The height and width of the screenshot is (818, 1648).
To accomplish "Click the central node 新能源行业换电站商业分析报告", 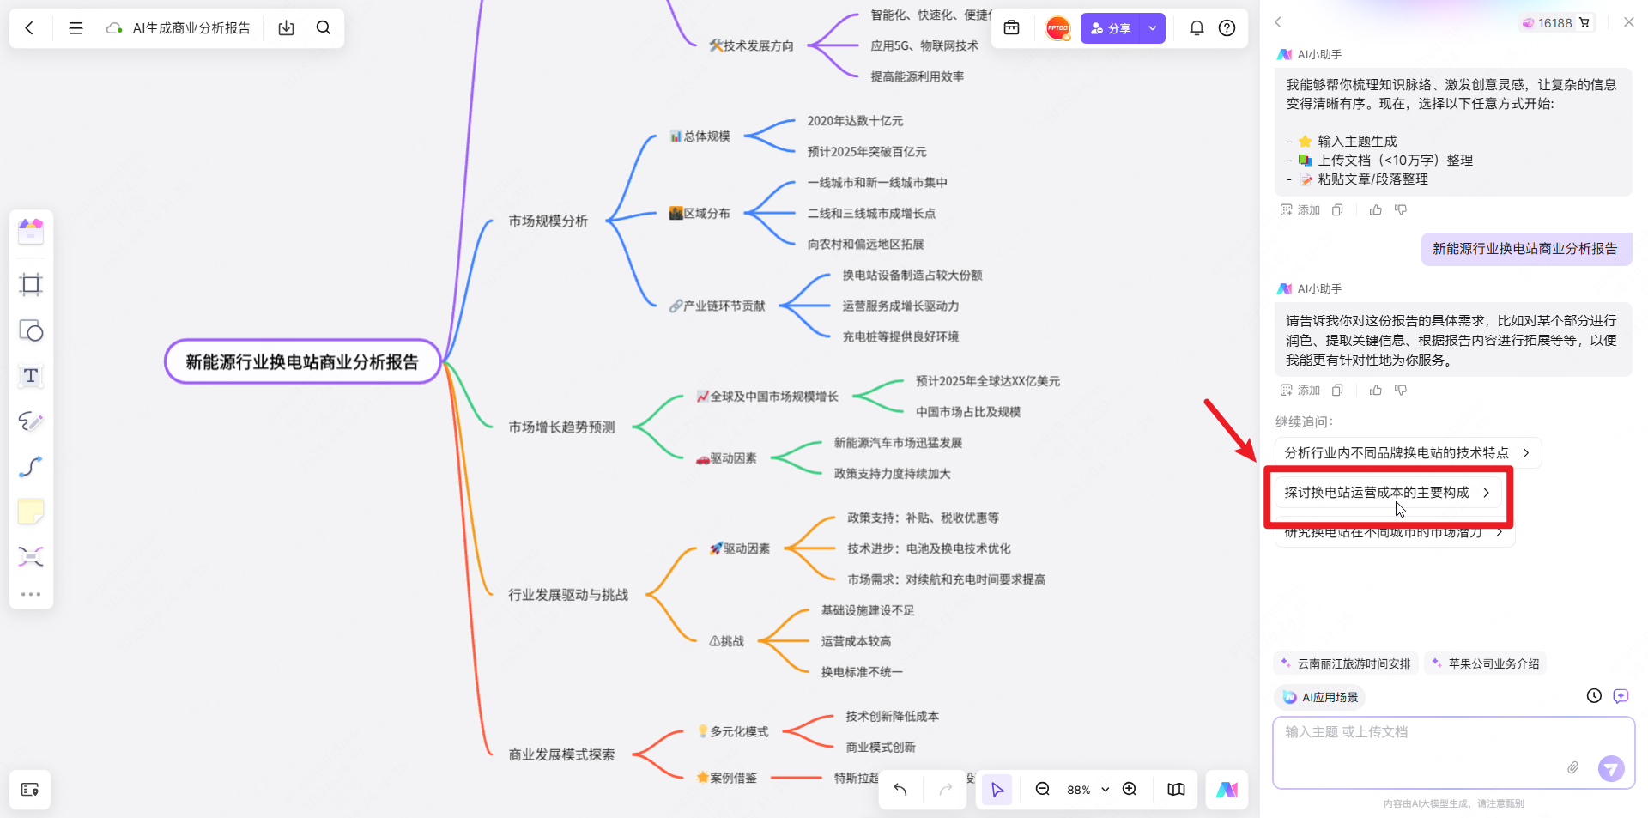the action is click(x=302, y=362).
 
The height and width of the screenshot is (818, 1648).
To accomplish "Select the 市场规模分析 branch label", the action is click(x=548, y=221).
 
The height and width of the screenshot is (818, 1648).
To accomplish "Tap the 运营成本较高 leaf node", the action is click(x=856, y=641).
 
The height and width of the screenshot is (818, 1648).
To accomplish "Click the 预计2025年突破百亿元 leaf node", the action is click(x=866, y=152).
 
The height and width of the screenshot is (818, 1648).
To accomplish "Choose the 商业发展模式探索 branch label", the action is click(x=561, y=754).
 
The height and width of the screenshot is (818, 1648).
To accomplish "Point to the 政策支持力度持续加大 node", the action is click(x=892, y=474).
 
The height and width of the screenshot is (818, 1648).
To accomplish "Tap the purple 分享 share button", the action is click(x=1111, y=28).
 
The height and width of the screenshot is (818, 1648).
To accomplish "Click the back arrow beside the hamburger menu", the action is click(x=30, y=28).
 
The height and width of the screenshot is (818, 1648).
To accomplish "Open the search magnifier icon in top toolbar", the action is click(x=324, y=28).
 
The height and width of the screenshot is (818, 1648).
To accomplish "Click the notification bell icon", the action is click(x=1197, y=28).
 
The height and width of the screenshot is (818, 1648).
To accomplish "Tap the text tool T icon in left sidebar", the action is click(x=31, y=376).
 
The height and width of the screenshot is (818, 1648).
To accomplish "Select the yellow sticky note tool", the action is click(x=31, y=512).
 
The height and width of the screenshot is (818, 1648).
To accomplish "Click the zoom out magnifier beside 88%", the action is click(x=1043, y=790).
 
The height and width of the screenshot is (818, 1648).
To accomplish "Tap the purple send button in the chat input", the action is click(x=1611, y=768).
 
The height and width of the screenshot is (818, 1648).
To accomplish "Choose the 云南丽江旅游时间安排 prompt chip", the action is click(x=1346, y=663).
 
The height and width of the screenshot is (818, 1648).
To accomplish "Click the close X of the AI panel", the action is click(x=1629, y=22).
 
